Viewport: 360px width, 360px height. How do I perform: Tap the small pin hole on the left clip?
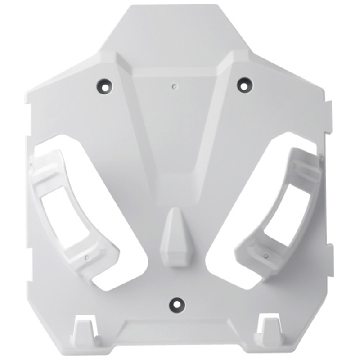click(x=87, y=257)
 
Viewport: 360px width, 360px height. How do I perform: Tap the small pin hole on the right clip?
click(x=266, y=256)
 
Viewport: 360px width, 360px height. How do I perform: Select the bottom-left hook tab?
click(x=82, y=333)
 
